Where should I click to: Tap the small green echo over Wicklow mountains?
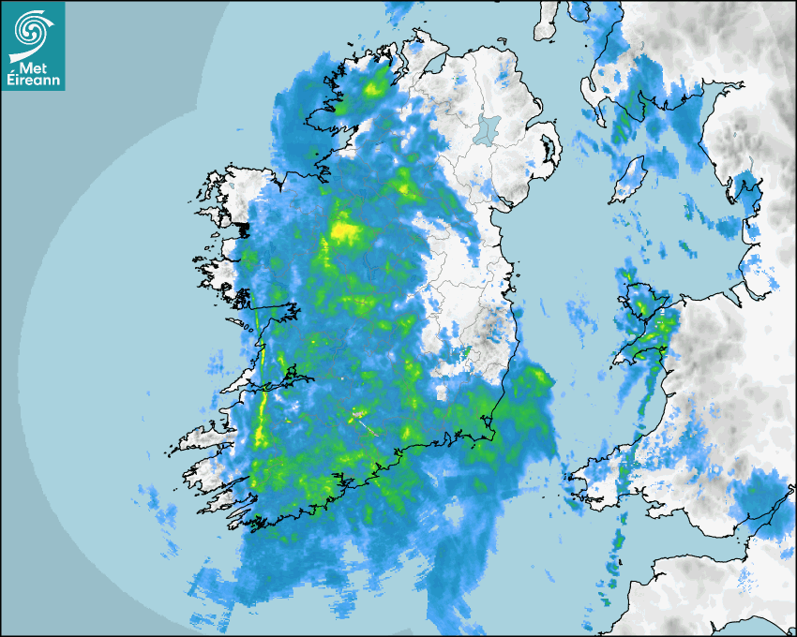pyautogui.click(x=466, y=353)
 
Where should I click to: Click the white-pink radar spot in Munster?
pyautogui.click(x=358, y=413)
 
